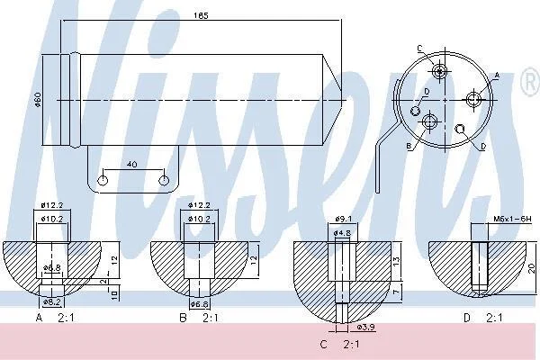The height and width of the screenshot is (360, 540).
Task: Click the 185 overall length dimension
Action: tap(201, 15)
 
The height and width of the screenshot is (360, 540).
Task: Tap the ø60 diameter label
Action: tap(38, 100)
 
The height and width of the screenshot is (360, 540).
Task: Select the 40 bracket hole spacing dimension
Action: tap(132, 165)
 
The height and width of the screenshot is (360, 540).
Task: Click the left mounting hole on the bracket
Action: tap(103, 180)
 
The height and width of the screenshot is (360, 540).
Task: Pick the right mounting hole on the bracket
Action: tap(164, 180)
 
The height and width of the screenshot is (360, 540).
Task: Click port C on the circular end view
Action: tap(439, 72)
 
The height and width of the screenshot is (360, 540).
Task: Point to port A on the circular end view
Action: tap(473, 100)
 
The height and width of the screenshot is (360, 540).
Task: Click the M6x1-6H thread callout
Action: tap(512, 219)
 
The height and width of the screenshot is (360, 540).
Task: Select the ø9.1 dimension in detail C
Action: tap(344, 219)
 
